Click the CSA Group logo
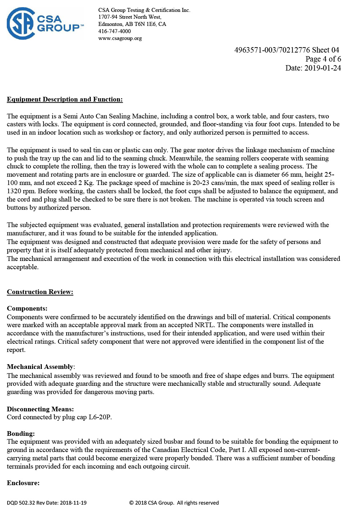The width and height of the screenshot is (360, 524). click(45, 23)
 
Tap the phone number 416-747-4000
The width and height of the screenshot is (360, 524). click(114, 31)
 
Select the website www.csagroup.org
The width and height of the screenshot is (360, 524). click(120, 39)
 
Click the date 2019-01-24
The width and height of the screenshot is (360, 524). click(323, 68)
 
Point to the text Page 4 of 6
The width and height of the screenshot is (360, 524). click(323, 59)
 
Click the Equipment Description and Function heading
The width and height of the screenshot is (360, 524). click(65, 99)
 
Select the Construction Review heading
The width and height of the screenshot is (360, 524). click(40, 292)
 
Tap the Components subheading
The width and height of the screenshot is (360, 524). click(27, 308)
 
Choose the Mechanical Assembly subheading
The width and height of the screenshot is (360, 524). click(40, 367)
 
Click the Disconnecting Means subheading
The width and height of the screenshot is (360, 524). click(40, 409)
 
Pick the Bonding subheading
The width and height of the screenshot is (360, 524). click(21, 434)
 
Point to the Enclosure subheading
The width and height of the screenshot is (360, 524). click(23, 483)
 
